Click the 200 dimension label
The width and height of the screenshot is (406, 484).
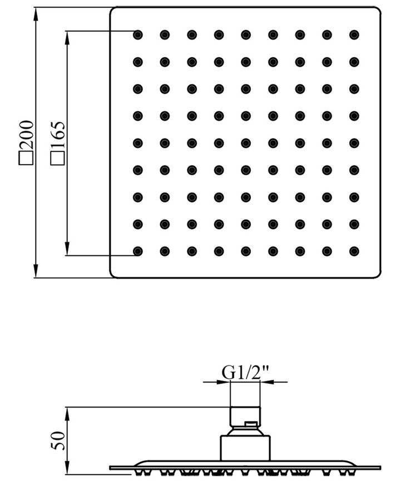[x=26, y=135]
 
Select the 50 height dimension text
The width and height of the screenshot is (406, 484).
[x=58, y=441]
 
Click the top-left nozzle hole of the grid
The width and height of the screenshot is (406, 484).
[x=137, y=35]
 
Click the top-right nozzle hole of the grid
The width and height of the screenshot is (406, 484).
[x=354, y=35]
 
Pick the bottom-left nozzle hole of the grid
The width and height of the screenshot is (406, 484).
[x=137, y=251]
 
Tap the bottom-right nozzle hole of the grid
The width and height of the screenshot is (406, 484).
[x=354, y=251]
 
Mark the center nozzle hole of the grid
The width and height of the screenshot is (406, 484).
[x=246, y=143]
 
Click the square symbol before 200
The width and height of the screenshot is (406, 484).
[x=26, y=158]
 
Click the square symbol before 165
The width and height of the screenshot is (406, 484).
[x=58, y=158]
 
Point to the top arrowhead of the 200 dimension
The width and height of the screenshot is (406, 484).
[x=36, y=14]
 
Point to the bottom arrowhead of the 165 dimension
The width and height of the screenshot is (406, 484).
[x=67, y=249]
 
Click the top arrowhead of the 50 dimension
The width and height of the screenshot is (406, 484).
[x=67, y=414]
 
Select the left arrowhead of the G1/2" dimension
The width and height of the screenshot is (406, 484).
[x=224, y=382]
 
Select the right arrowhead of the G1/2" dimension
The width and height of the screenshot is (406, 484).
[x=267, y=382]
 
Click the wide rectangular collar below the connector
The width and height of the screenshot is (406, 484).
[x=245, y=448]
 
